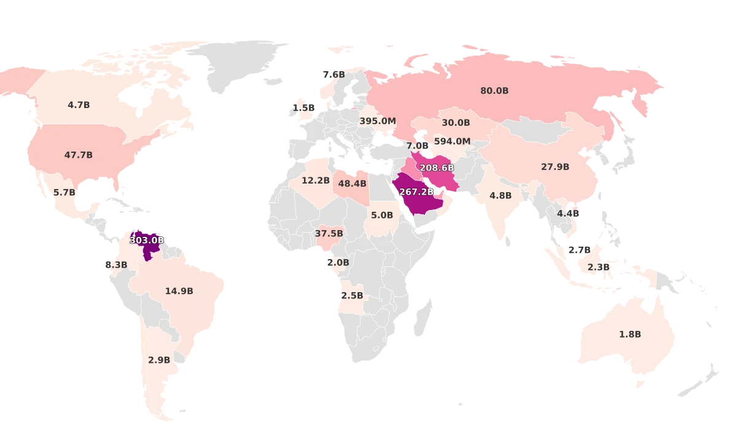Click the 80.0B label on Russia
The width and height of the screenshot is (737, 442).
[494, 91]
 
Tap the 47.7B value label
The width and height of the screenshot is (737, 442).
[79, 155]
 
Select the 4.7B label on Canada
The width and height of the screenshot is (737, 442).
[79, 105]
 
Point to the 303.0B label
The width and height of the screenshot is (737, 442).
[147, 241]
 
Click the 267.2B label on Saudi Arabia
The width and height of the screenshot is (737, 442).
[417, 192]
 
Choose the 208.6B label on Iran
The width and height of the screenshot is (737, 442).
[437, 168]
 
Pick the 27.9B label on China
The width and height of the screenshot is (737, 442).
[555, 167]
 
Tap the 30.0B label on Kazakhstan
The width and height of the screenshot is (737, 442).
[456, 123]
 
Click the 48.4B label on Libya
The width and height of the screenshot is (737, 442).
[353, 184]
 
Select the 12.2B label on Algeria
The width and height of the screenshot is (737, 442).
[316, 180]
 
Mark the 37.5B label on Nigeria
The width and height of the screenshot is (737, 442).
[329, 234]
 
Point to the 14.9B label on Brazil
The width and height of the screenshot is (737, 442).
[179, 291]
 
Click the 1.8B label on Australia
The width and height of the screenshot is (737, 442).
[630, 335]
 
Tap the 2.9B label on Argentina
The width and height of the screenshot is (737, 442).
[159, 360]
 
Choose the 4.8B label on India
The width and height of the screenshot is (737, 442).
[501, 196]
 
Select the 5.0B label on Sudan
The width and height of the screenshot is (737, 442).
[381, 215]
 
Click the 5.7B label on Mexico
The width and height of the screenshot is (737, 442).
[64, 193]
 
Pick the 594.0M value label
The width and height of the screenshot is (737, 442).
[452, 141]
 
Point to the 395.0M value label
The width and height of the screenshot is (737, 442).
[378, 121]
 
